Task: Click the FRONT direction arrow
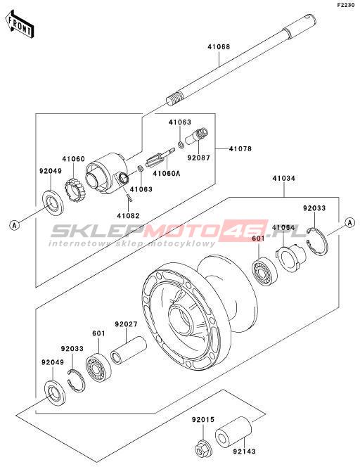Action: click(x=19, y=25)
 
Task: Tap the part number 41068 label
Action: click(x=219, y=47)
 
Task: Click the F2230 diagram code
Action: click(x=346, y=5)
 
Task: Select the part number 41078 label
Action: click(x=240, y=148)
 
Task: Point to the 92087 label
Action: click(x=198, y=158)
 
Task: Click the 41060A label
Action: click(x=167, y=173)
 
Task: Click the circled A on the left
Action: click(x=14, y=225)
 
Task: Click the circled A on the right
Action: click(x=350, y=222)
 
